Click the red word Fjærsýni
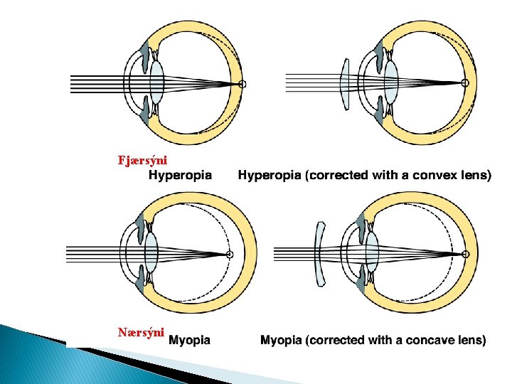point(142,159)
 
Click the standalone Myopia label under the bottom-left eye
point(190,340)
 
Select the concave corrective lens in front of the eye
point(320,253)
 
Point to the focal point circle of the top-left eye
point(242,84)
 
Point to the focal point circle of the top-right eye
point(466,83)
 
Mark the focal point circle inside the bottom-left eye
point(230,253)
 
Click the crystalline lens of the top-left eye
point(156,83)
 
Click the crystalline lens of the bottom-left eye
point(151,252)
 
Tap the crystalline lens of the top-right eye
point(390,83)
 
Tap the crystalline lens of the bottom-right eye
point(370,252)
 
